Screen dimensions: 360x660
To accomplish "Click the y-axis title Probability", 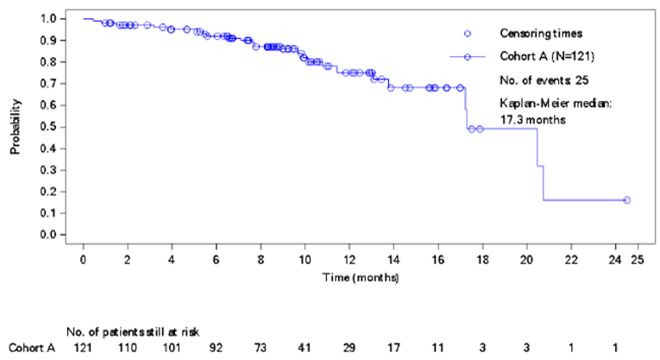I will [x=15, y=127].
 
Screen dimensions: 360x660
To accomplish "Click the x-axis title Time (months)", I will [x=360, y=277].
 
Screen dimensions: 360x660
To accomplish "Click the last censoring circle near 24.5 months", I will [x=626, y=200].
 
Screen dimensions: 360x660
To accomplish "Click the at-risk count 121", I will [x=83, y=347].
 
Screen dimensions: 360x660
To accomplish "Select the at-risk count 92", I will [x=216, y=347].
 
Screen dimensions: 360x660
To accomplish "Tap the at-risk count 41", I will [x=305, y=347].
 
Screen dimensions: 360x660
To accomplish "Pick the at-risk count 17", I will [x=393, y=347].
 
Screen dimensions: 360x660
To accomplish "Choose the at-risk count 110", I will [x=127, y=347].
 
